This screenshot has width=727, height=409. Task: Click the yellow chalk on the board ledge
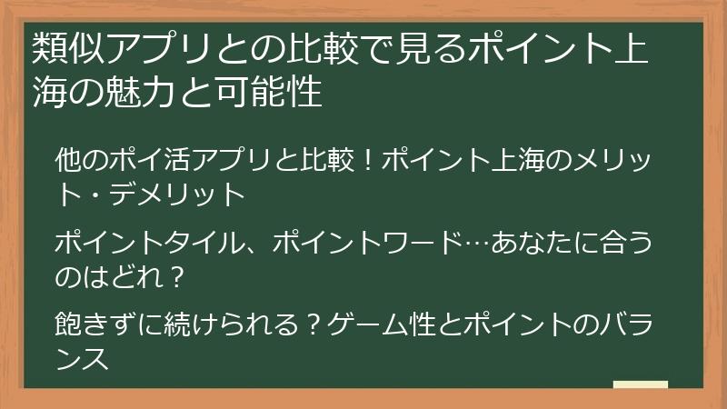[x=641, y=384]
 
